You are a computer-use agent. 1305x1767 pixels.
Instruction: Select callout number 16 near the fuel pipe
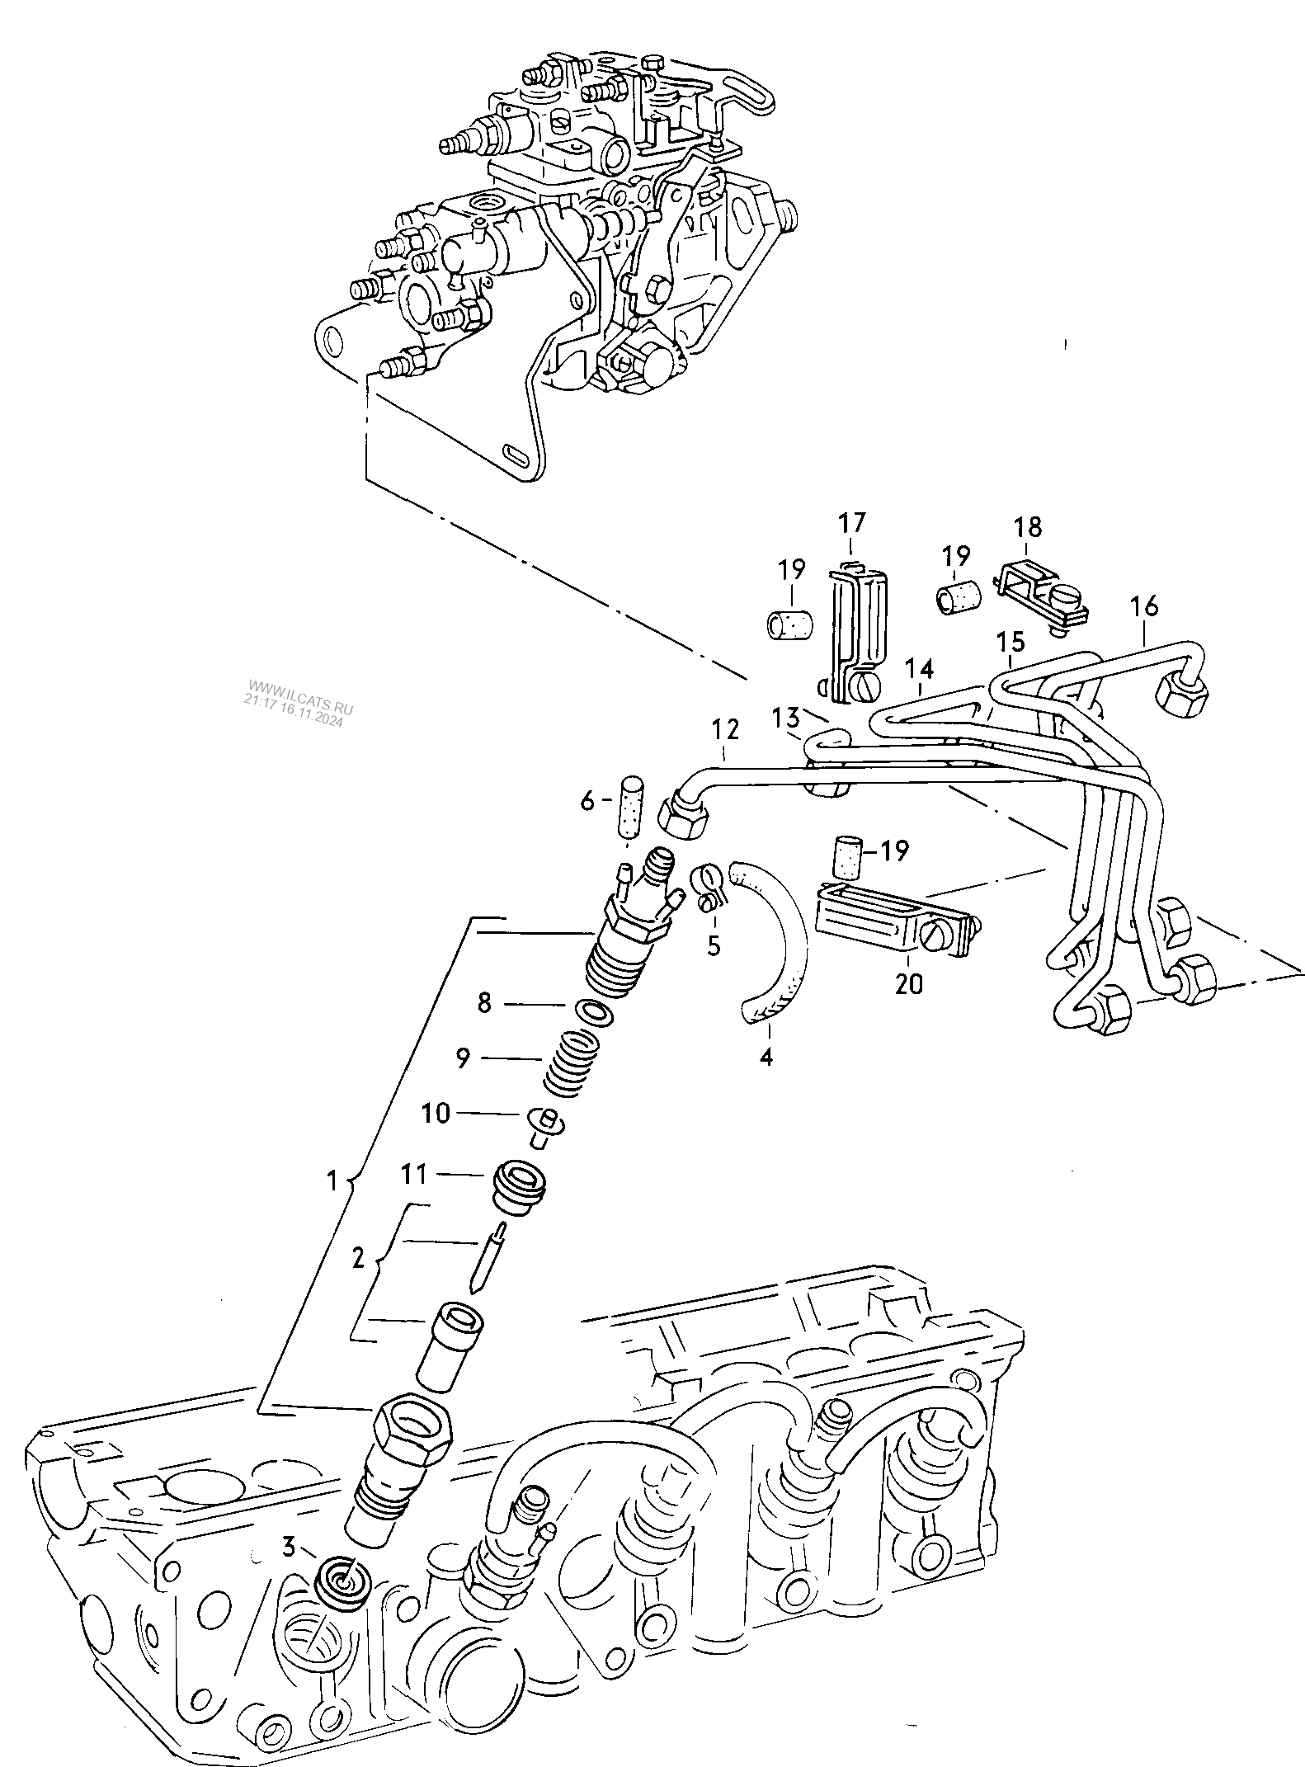click(1145, 606)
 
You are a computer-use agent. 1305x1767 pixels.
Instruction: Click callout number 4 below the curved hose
click(766, 1057)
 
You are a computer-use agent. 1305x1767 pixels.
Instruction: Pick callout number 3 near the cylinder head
click(289, 1546)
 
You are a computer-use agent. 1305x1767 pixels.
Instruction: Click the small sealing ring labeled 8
click(596, 1011)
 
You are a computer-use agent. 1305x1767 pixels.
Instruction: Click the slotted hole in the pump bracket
click(516, 453)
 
